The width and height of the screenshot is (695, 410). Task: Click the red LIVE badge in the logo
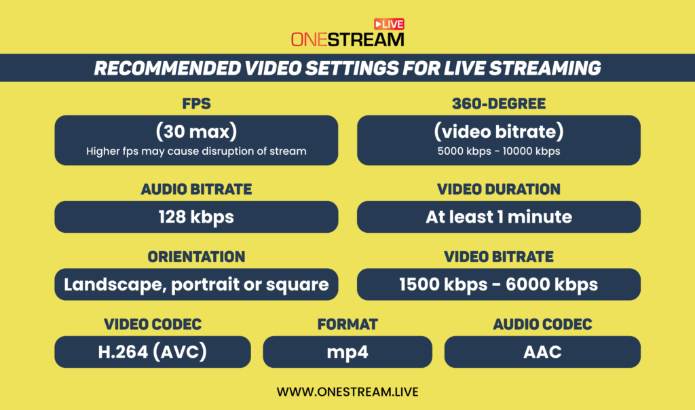click(389, 24)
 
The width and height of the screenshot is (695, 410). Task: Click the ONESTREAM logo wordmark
click(347, 39)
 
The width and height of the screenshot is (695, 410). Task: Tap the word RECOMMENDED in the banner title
click(168, 69)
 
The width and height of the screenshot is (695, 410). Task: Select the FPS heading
click(196, 104)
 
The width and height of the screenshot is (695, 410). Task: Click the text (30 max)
click(196, 131)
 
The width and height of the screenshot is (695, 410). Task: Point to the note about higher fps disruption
click(196, 151)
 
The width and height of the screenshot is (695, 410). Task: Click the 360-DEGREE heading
click(499, 104)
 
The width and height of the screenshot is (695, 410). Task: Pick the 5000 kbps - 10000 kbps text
click(499, 151)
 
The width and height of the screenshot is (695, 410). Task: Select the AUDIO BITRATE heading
click(196, 189)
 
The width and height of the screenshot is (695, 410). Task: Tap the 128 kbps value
click(196, 217)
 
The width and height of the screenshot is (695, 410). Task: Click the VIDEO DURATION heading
click(499, 189)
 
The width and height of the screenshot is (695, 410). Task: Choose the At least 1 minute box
click(499, 217)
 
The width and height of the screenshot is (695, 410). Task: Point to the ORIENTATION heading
click(196, 257)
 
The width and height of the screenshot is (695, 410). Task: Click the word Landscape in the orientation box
click(115, 285)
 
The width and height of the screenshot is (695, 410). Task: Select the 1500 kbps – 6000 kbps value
click(499, 284)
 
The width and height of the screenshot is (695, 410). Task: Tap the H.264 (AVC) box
click(153, 352)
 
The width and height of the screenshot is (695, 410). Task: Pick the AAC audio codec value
click(542, 352)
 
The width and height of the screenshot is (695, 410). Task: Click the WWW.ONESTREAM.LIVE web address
click(347, 392)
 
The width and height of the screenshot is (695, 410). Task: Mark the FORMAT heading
click(347, 324)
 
